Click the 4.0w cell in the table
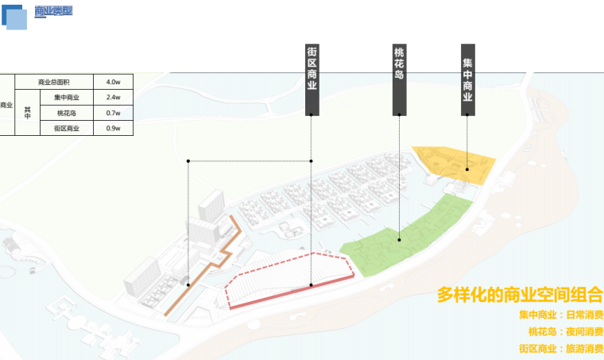coord(112,82)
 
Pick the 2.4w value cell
coord(112,97)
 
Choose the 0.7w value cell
coord(112,112)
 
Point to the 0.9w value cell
coord(112,127)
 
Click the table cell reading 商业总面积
coord(53,82)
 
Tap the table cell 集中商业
coord(66,97)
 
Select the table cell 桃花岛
coord(66,112)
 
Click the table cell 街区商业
coord(66,127)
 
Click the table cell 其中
coord(27,112)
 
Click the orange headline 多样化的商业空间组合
coord(519,294)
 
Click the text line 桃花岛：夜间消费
coord(564,332)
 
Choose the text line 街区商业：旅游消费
coord(560,349)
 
